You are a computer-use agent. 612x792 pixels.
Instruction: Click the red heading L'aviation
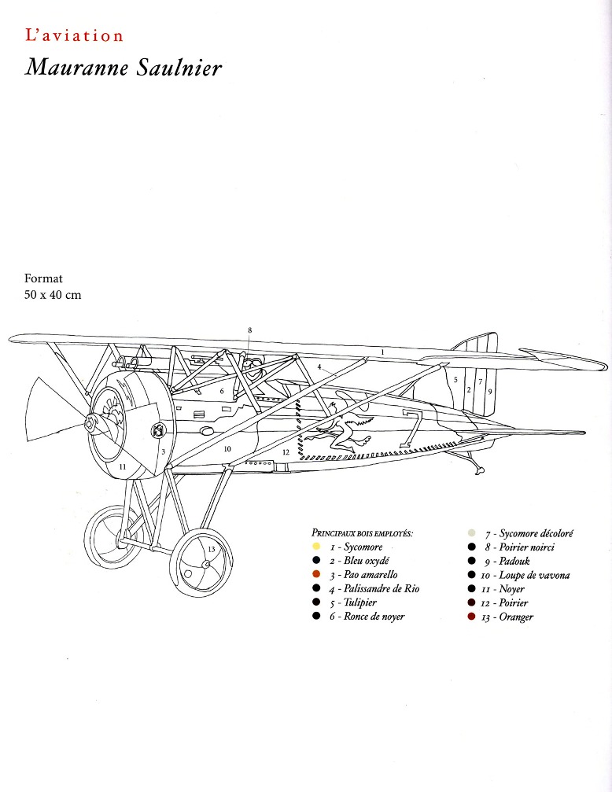pos(74,35)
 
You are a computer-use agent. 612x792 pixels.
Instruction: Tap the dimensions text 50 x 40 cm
pos(53,295)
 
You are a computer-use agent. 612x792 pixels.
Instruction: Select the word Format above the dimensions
pos(44,278)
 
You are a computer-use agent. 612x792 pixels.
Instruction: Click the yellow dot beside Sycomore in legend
pos(315,547)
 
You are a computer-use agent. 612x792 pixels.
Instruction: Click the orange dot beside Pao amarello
pos(315,575)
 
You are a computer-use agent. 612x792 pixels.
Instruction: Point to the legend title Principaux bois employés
pos(362,532)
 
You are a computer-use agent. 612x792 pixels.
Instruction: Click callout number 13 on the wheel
pos(212,549)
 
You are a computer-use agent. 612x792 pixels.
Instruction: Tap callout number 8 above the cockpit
pos(249,330)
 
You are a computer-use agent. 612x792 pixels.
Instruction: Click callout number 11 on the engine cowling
pos(122,466)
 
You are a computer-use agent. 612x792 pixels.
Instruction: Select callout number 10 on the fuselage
pos(228,448)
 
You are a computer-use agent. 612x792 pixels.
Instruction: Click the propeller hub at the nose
pos(93,425)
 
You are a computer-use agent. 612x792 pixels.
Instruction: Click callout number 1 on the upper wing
pos(382,352)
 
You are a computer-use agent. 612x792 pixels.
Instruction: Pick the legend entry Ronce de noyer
pos(367,617)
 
